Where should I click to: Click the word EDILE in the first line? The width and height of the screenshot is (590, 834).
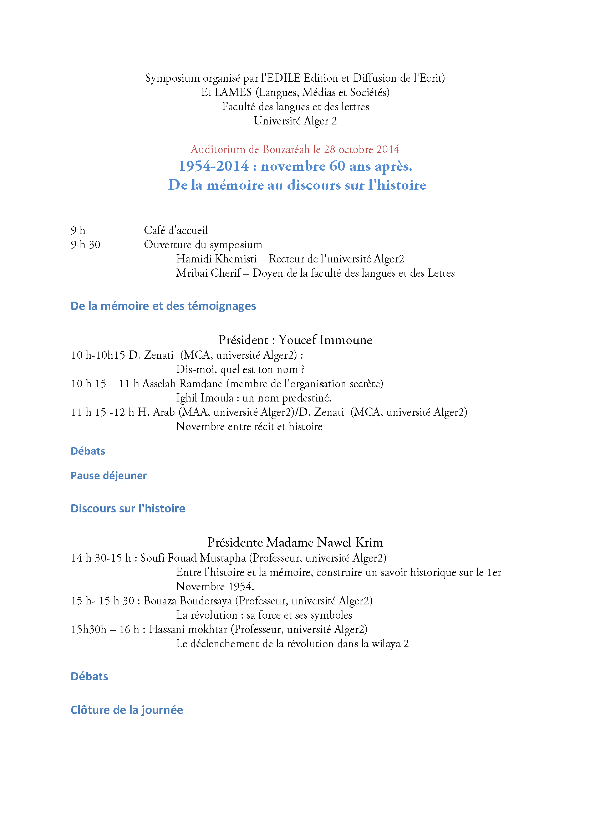pyautogui.click(x=284, y=78)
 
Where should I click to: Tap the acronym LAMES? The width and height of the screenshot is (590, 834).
pyautogui.click(x=233, y=92)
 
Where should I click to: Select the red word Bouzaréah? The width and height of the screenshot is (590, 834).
pyautogui.click(x=286, y=149)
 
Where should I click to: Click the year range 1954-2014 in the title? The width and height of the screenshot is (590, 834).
pyautogui.click(x=214, y=167)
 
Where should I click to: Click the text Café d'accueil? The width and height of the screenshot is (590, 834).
pyautogui.click(x=176, y=230)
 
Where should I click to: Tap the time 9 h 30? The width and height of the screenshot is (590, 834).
pyautogui.click(x=85, y=245)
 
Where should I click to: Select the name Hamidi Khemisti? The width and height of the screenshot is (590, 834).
pyautogui.click(x=217, y=259)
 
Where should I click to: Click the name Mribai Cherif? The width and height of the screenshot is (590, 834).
pyautogui.click(x=208, y=273)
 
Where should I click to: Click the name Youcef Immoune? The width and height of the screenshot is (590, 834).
pyautogui.click(x=325, y=340)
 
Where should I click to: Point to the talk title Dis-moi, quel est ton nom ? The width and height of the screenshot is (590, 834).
pyautogui.click(x=240, y=369)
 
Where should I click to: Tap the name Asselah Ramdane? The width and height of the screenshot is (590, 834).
pyautogui.click(x=182, y=384)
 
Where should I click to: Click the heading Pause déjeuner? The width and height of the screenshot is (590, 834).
pyautogui.click(x=109, y=476)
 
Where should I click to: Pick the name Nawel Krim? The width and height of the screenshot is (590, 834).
pyautogui.click(x=350, y=543)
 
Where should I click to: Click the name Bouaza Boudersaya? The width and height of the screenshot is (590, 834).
pyautogui.click(x=188, y=601)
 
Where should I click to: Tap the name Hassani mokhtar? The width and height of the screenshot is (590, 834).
pyautogui.click(x=188, y=629)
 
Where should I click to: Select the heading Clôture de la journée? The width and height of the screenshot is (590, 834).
pyautogui.click(x=127, y=710)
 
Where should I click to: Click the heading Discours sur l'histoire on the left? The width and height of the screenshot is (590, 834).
pyautogui.click(x=128, y=508)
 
